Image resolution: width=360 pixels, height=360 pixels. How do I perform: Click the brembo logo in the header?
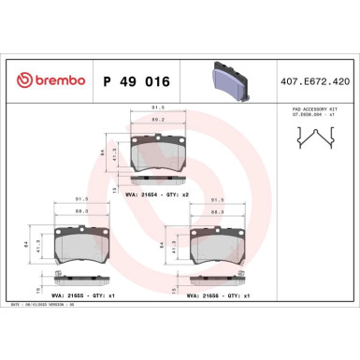[46, 81]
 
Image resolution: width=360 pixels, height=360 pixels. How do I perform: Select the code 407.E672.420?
[316, 82]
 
